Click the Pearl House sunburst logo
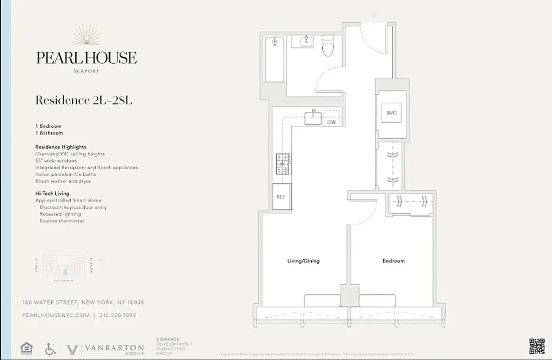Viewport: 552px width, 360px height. [86, 35]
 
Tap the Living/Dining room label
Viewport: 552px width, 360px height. [303, 261]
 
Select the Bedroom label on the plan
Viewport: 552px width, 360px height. [393, 261]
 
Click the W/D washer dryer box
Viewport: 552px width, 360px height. [391, 112]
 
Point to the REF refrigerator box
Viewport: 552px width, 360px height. [281, 197]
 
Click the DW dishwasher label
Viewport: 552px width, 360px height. [332, 122]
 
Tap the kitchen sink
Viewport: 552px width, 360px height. [313, 118]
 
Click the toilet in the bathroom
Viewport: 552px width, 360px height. [327, 46]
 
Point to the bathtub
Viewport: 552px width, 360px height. [274, 59]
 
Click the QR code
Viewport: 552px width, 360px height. [537, 346]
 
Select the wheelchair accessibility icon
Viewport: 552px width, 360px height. [50, 348]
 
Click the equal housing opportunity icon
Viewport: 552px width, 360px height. [27, 348]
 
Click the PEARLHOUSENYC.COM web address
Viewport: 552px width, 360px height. [56, 315]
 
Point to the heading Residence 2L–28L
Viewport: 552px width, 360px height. [84, 100]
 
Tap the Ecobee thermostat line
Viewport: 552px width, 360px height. [62, 221]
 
